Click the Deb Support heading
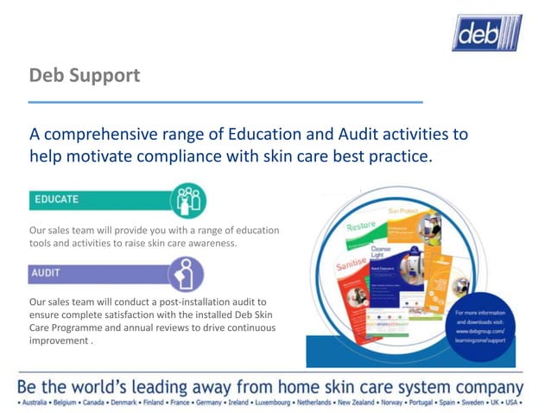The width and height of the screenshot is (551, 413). click(x=85, y=75)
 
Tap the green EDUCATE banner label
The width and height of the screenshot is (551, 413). click(x=56, y=200)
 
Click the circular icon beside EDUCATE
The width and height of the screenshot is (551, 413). click(x=187, y=200)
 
